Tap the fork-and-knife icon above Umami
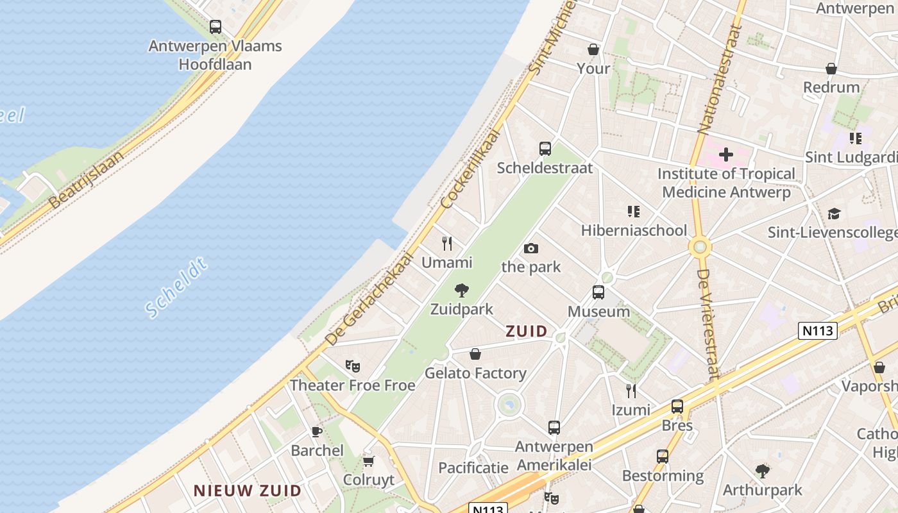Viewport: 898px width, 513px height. (x=447, y=244)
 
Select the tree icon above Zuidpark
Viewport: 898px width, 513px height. (x=461, y=290)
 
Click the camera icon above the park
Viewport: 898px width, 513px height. (x=530, y=248)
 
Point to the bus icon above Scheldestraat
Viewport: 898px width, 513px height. (x=545, y=149)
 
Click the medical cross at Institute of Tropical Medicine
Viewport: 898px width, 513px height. (x=725, y=155)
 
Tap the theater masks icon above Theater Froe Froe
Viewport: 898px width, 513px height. (x=352, y=366)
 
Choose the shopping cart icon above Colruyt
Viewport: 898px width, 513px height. (x=368, y=461)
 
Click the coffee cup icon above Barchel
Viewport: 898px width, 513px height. (x=316, y=432)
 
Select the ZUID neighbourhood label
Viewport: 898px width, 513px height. (x=527, y=332)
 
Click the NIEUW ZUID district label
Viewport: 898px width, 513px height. (x=248, y=491)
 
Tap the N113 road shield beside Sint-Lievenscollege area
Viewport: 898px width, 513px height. (x=818, y=331)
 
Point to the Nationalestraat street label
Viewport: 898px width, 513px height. (x=719, y=78)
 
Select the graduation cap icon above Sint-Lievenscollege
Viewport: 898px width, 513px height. (x=834, y=214)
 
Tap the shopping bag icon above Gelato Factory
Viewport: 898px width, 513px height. (x=475, y=354)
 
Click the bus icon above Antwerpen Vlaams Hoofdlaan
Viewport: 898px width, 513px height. (x=216, y=27)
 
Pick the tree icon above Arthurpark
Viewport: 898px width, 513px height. (x=762, y=471)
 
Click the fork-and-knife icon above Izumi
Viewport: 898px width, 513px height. (x=631, y=391)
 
